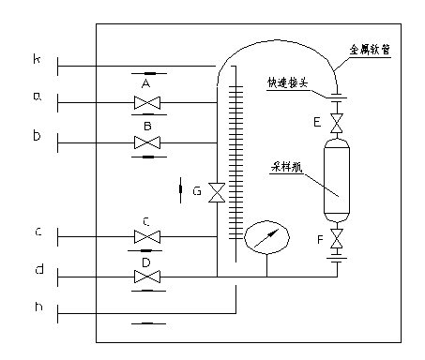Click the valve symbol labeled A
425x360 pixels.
[146, 102]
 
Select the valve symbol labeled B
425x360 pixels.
[146, 142]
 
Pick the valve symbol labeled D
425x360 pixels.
[146, 277]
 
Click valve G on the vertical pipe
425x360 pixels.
[217, 192]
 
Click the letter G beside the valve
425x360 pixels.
[197, 191]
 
